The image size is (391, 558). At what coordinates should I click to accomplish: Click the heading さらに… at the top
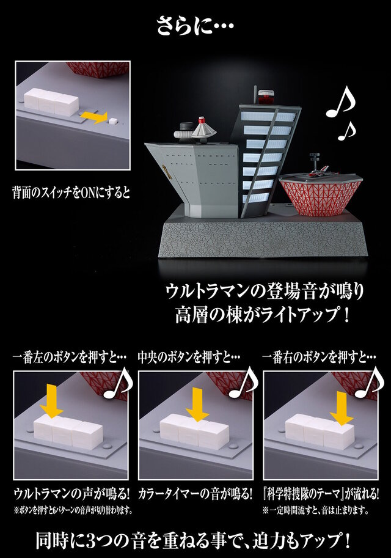coord(195,26)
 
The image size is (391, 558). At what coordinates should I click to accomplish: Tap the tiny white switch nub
coord(113,120)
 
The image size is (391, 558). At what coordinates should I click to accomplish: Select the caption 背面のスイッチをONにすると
coord(71,193)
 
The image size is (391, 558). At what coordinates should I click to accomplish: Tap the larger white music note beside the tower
coord(340,102)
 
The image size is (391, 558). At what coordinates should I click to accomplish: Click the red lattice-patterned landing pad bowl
coord(321,196)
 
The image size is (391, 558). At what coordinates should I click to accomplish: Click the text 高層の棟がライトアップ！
coord(263,315)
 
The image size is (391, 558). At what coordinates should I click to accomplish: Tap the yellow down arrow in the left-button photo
coord(51,401)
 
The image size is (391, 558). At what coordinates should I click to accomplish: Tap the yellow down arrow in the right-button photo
coord(341,409)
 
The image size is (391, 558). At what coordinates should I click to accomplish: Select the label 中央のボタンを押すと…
coord(189,357)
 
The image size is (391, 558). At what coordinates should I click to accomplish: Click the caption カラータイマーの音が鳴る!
coord(195,494)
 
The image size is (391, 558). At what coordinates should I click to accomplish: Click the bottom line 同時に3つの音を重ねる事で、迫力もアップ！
coord(194,540)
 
